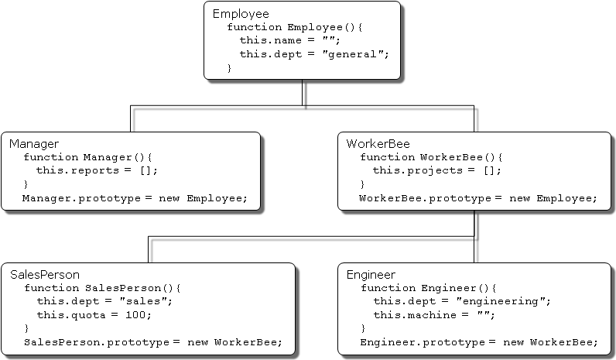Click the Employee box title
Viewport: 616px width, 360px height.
click(241, 14)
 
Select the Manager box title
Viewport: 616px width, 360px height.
click(34, 144)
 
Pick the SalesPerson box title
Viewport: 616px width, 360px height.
click(45, 275)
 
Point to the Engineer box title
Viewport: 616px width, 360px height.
click(371, 275)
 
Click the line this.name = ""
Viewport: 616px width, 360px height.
click(289, 41)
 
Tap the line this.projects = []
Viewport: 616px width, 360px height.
click(437, 170)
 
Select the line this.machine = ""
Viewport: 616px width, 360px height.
click(433, 314)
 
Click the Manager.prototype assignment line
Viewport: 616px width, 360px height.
click(135, 198)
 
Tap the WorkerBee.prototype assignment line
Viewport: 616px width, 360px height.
click(478, 198)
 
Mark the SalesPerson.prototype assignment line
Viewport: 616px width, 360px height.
click(152, 341)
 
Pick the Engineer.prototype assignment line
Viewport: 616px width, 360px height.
click(478, 341)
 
